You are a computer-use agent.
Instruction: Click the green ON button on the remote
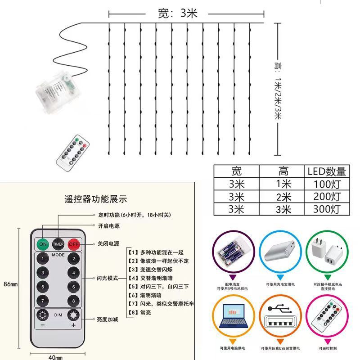click(43, 244)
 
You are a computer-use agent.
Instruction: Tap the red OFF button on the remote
click(73, 244)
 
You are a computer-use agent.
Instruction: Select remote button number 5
click(43, 287)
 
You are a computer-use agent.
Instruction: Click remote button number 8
click(73, 301)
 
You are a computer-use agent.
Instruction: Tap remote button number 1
click(43, 259)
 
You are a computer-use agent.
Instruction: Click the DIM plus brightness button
click(73, 315)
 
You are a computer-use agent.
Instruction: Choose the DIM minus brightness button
click(43, 315)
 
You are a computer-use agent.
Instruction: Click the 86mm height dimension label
click(10, 284)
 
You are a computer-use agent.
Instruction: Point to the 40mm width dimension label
click(55, 357)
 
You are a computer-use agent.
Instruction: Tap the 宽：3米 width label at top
click(178, 13)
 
